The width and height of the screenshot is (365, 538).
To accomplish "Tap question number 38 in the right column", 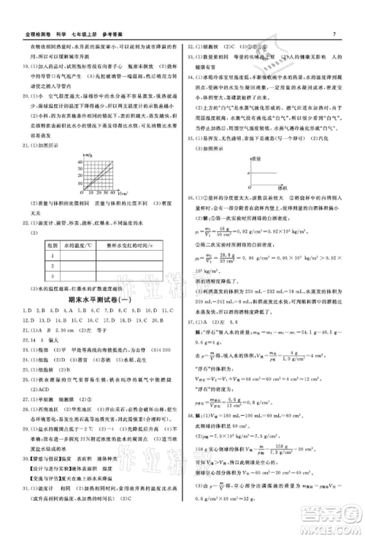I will pos(191,414).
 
